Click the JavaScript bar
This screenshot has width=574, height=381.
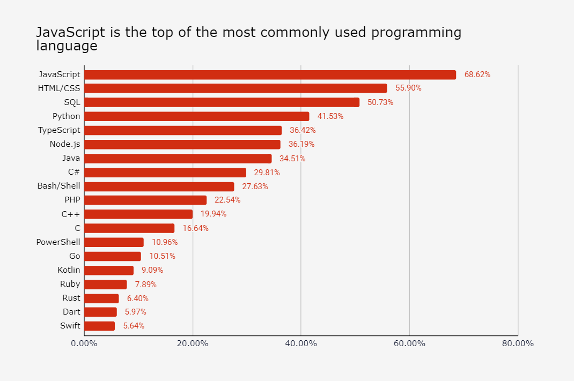(x=270, y=74)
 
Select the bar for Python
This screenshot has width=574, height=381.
(x=196, y=116)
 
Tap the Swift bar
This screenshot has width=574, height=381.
(x=99, y=326)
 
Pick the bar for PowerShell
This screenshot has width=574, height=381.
(x=114, y=242)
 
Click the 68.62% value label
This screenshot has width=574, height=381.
(x=477, y=74)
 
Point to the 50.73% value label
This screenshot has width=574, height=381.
(x=380, y=102)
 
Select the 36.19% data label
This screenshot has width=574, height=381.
(x=301, y=144)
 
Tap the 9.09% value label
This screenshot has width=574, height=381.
(x=152, y=270)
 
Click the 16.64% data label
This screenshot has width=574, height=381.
(x=195, y=228)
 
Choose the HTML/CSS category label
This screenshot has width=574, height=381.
(x=59, y=88)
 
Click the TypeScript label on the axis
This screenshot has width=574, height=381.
(x=59, y=130)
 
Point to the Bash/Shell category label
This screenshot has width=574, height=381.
(x=58, y=186)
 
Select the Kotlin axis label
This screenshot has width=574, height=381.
(x=69, y=270)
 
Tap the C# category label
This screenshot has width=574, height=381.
(x=74, y=172)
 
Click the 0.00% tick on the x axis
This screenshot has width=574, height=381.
(x=84, y=343)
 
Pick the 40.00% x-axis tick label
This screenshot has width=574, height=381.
(x=301, y=343)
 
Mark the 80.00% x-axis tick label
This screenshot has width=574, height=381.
(x=518, y=343)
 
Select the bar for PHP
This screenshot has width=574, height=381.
(x=145, y=200)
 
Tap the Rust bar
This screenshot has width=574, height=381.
(x=101, y=298)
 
